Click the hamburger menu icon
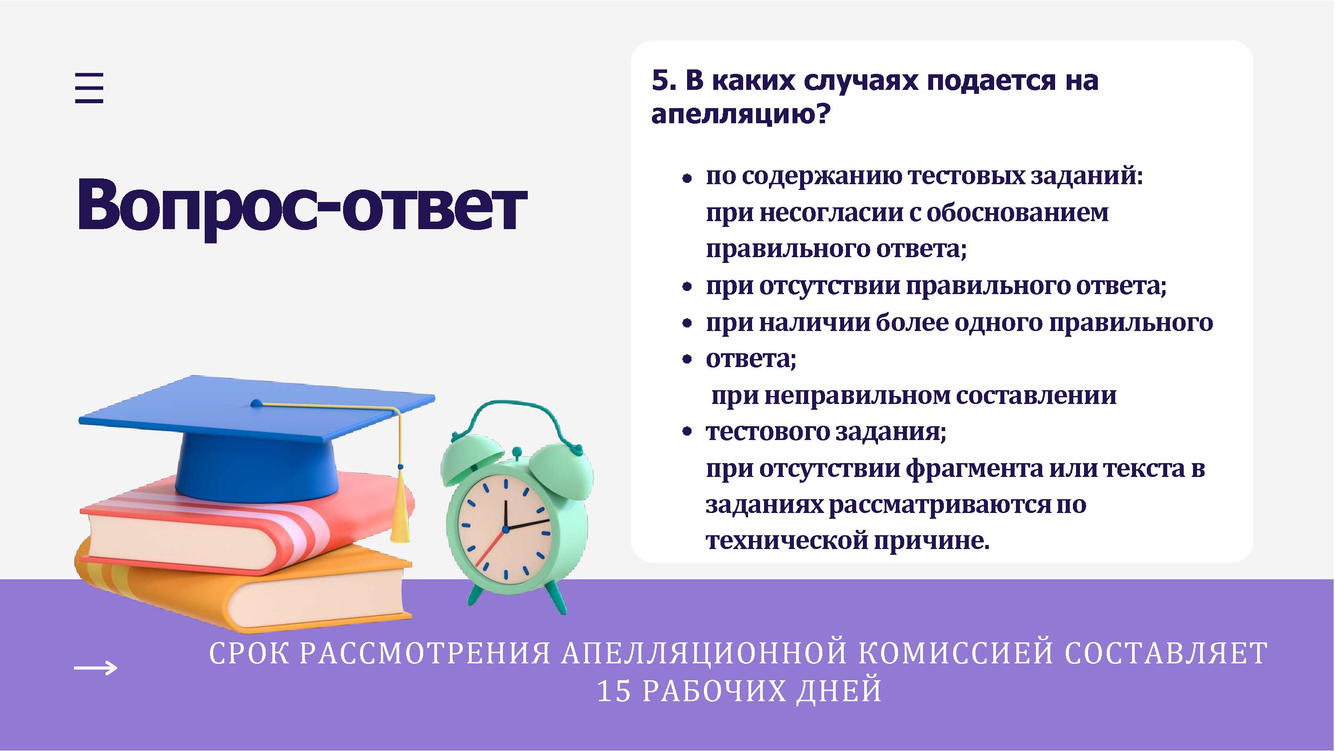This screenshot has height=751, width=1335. (89, 88)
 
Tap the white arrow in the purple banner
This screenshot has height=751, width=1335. (96, 667)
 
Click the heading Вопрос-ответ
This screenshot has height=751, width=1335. (302, 206)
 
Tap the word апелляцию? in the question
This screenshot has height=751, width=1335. (739, 114)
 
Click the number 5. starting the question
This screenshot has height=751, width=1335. (665, 81)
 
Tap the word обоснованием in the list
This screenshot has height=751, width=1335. (1017, 213)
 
